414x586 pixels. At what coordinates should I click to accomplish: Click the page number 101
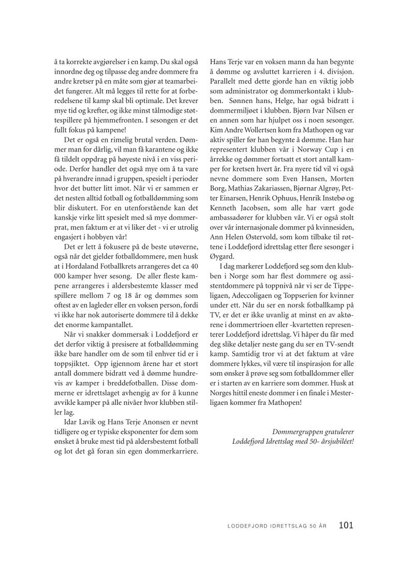pos(346,525)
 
